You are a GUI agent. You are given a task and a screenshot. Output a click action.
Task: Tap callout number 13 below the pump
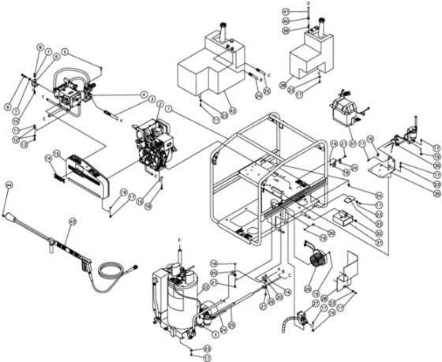tap(23, 144)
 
